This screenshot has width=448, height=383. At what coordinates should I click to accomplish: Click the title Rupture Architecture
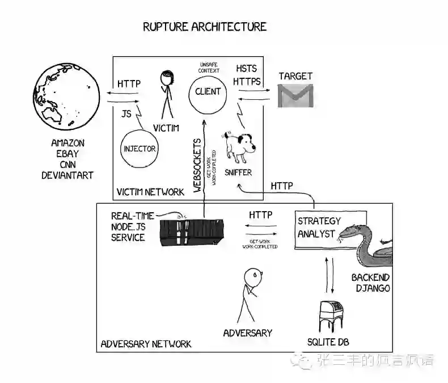(x=204, y=27)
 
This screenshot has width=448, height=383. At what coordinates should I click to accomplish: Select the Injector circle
(x=139, y=149)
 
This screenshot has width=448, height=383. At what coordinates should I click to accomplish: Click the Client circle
(x=208, y=91)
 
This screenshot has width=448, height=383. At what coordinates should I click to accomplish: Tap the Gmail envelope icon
(x=295, y=95)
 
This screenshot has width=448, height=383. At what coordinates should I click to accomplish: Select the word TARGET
(x=295, y=76)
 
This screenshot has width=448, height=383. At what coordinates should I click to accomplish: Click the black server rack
(x=192, y=233)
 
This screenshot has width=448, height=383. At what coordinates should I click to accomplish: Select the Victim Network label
(x=150, y=192)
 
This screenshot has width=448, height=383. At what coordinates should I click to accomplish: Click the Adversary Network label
(x=146, y=344)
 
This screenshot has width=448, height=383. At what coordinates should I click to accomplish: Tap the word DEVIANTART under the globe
(x=67, y=175)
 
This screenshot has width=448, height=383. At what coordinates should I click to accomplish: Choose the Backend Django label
(x=370, y=283)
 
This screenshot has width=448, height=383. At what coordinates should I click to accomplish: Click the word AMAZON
(x=67, y=143)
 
